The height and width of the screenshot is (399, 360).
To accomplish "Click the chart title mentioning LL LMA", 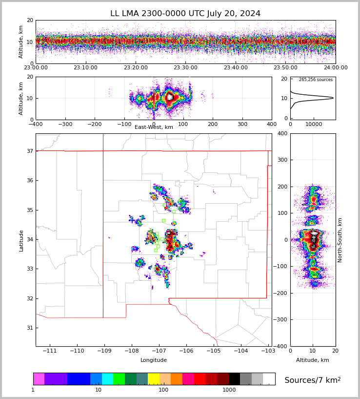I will [185, 14].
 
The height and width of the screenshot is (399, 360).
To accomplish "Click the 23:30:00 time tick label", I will [185, 68].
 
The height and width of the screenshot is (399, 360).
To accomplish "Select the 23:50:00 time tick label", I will [285, 68].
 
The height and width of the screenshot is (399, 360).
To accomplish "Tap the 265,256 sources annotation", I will [316, 80].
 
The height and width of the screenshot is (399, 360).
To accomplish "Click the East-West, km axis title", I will [154, 127].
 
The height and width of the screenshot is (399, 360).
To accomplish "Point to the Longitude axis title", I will [154, 360].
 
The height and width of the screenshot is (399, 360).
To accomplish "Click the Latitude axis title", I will [21, 240].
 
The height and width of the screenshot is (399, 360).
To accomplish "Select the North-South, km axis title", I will [340, 240].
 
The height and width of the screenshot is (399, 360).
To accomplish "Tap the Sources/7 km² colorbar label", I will [313, 380].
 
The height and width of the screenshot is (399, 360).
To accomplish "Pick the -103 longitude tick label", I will [268, 351].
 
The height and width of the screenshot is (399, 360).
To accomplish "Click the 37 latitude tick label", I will [29, 151].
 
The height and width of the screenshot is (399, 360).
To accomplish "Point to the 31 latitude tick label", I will [29, 328].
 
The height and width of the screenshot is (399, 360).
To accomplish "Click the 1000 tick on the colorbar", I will [229, 390].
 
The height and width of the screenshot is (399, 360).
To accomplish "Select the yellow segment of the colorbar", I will [154, 379].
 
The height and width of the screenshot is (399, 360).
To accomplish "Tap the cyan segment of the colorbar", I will [107, 379].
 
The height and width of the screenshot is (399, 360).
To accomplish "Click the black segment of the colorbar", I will [235, 379].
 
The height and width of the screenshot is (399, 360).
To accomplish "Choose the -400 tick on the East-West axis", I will [36, 124].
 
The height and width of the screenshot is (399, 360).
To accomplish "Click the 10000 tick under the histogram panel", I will [313, 124].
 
